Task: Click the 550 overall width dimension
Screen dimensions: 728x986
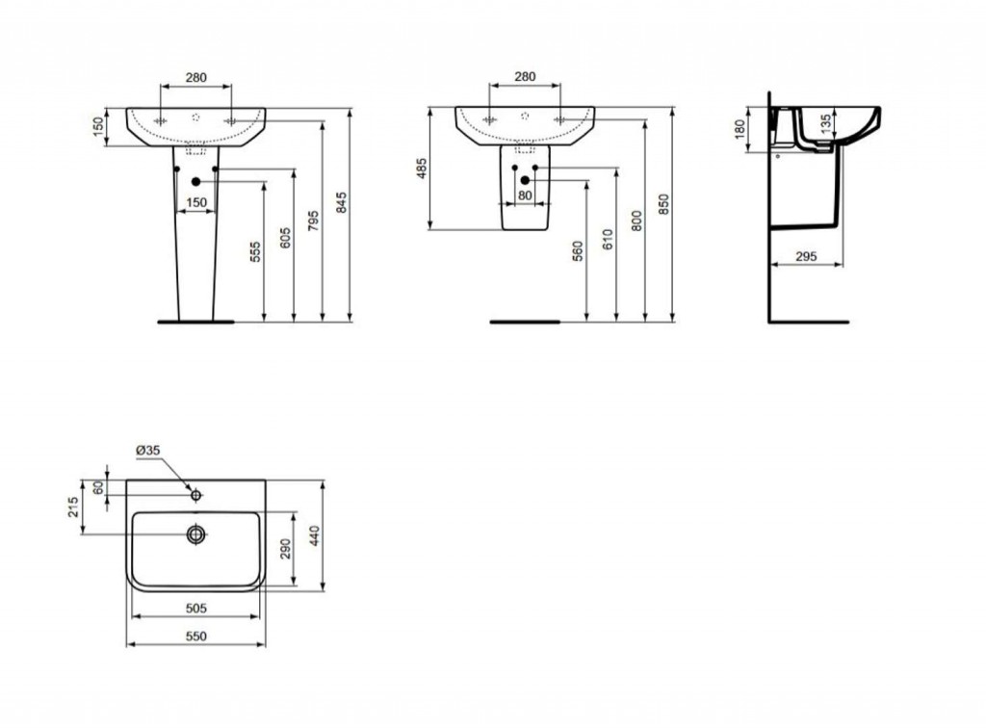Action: click(195, 637)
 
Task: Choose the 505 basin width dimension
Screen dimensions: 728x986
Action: click(195, 609)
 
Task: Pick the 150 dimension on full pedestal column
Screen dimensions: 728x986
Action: click(196, 202)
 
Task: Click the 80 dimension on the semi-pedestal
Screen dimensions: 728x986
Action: click(525, 195)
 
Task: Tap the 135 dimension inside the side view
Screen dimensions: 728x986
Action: click(825, 123)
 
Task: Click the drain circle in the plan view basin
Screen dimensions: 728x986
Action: click(196, 533)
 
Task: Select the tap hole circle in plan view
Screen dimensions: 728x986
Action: click(196, 495)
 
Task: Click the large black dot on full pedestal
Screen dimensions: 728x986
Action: click(196, 181)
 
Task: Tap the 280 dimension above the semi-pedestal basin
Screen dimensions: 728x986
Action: click(525, 76)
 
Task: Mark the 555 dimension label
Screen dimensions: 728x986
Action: click(255, 252)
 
